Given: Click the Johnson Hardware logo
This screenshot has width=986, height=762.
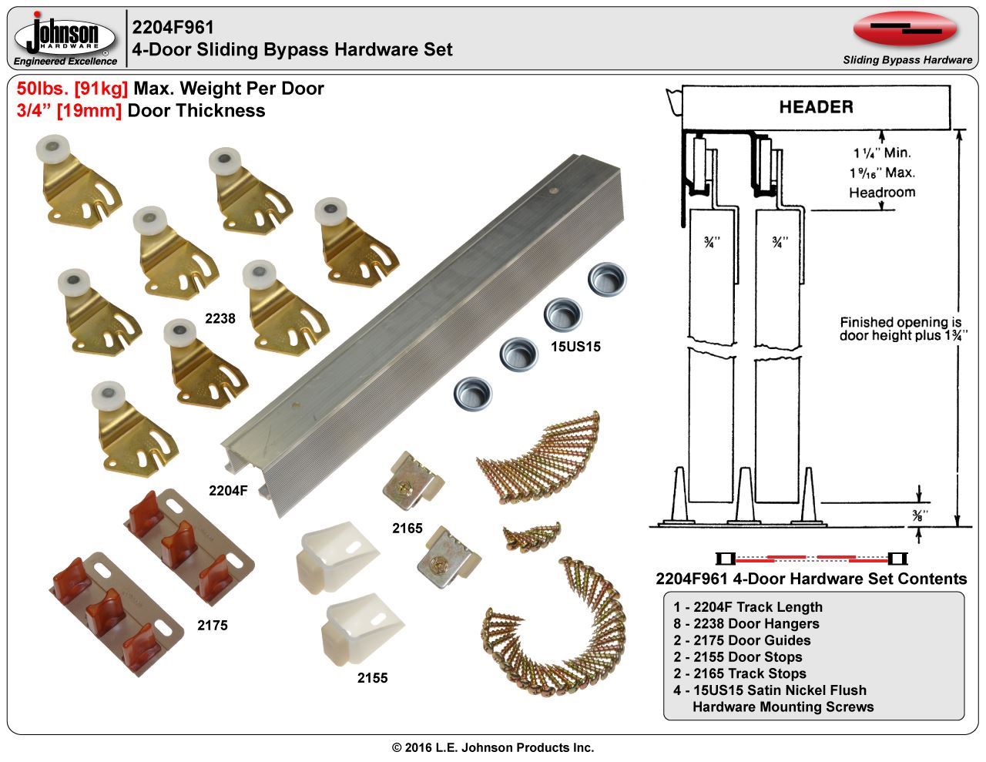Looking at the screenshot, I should click(65, 39).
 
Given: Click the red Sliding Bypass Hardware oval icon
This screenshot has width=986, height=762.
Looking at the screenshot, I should click(905, 29).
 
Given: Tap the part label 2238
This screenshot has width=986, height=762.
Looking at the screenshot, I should click(220, 317).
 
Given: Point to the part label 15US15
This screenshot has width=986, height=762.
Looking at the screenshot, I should click(576, 347).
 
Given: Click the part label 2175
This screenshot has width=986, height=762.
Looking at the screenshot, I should click(212, 626).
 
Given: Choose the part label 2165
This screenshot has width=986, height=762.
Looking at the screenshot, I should click(407, 529).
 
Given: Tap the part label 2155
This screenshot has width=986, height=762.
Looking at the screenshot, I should click(372, 678).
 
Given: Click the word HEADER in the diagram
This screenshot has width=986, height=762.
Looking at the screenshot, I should click(816, 107).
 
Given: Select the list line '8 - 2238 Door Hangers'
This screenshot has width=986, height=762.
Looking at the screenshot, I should click(746, 623).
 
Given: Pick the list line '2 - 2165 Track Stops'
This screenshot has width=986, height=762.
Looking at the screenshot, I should click(739, 673).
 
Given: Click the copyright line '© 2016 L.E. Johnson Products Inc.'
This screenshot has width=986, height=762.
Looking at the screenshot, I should click(493, 747).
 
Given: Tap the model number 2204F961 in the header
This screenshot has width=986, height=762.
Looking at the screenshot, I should click(173, 28).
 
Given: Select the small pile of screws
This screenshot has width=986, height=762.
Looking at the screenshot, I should click(532, 534).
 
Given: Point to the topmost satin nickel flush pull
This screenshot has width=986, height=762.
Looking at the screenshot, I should click(608, 279).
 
